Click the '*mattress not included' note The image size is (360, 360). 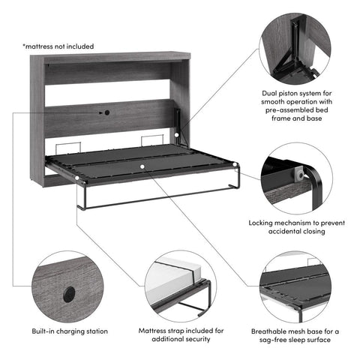click(58, 46)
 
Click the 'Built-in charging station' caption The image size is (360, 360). click(69, 330)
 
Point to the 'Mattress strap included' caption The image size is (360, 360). click(181, 334)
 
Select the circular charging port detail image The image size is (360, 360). click(69, 286)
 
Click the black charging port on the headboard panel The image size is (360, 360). click(106, 112)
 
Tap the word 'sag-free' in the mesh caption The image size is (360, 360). click(282, 340)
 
